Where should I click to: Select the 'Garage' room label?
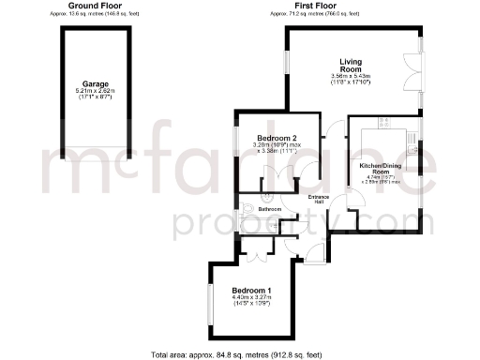[92, 82]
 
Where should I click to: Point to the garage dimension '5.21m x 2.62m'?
[92, 90]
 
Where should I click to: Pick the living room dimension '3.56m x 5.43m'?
[352, 76]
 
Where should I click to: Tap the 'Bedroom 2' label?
[277, 139]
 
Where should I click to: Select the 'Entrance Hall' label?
[318, 199]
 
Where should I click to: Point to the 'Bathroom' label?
[258, 208]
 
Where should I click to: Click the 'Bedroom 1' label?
[251, 291]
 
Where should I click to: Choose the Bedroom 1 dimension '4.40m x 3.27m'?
[251, 298]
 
